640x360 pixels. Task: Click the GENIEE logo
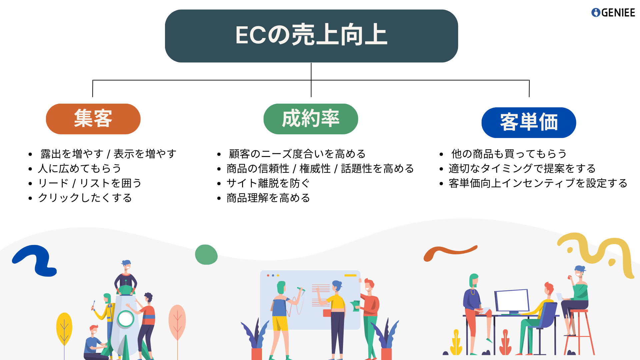coord(613,13)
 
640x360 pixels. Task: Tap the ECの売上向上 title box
coord(311,36)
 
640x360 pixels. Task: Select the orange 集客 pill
coord(93,119)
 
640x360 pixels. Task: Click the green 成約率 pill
coord(311,119)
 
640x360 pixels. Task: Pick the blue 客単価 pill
coord(529,122)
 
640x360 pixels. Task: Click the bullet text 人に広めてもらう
coord(80,168)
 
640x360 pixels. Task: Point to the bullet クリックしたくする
coord(85,198)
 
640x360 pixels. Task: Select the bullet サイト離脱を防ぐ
coord(268,183)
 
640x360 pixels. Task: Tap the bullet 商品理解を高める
coord(268,198)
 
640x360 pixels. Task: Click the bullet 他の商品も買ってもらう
coord(509,154)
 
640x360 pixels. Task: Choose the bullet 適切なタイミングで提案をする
coord(522,168)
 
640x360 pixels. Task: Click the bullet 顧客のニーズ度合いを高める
coord(297,154)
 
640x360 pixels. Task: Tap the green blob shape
coord(206,255)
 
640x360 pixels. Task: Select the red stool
coord(579,332)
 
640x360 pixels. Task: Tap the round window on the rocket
coord(126,319)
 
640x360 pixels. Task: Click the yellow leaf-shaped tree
coord(64,328)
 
